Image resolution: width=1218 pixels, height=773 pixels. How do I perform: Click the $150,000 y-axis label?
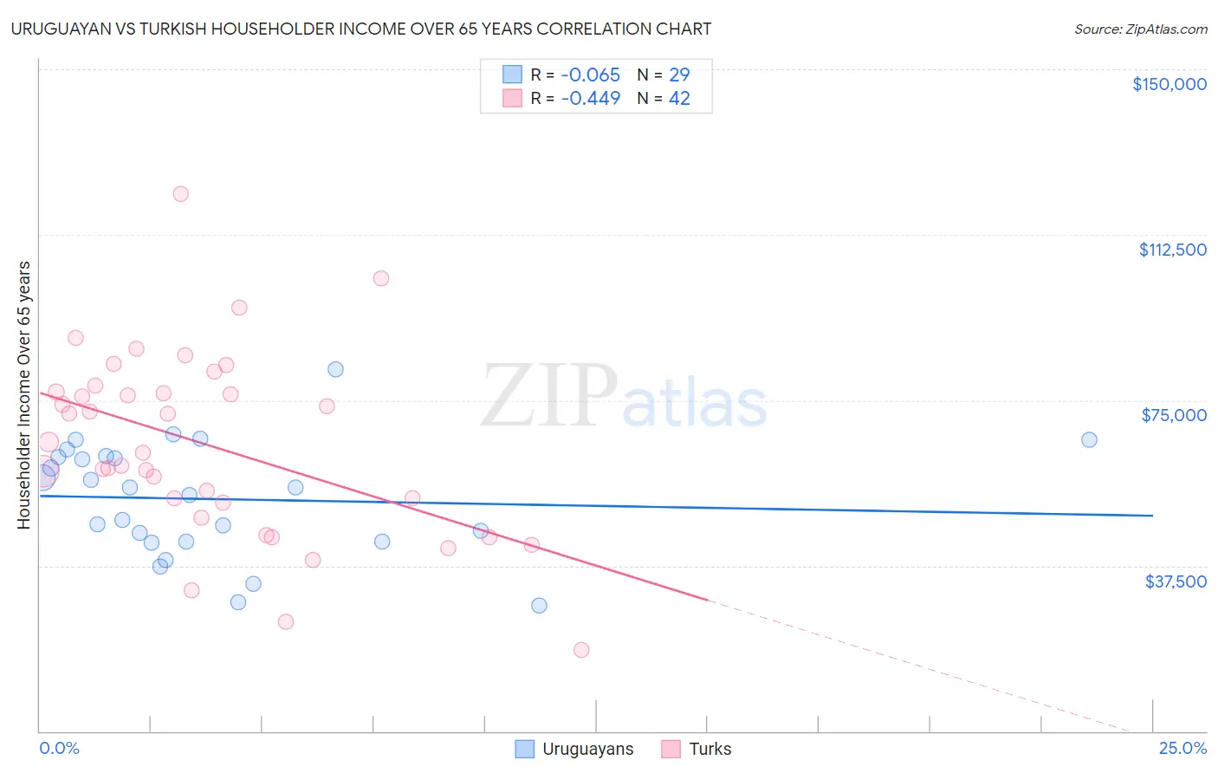(x=1169, y=84)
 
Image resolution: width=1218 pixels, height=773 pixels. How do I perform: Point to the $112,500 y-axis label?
(x=1172, y=250)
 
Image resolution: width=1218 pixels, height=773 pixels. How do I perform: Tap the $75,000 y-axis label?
(x=1174, y=415)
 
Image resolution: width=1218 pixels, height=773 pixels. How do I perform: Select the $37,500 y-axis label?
(x=1176, y=581)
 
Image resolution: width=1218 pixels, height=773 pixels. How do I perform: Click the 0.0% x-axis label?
(x=59, y=749)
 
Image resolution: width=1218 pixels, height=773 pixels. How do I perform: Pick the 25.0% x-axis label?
(x=1182, y=749)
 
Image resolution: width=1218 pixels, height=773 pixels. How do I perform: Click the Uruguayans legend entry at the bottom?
(x=587, y=750)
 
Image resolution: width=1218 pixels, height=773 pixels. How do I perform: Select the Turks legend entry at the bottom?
(x=709, y=750)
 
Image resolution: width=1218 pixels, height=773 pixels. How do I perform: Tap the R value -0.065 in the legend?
(x=591, y=75)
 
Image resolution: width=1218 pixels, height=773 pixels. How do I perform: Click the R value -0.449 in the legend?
(x=591, y=99)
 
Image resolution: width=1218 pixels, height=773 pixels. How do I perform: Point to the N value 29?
(x=679, y=75)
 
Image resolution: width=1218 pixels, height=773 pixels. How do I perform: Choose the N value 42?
(x=679, y=99)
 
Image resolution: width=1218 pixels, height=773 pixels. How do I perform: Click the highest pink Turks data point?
(x=180, y=194)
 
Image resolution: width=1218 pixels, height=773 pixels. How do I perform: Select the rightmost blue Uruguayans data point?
(x=1089, y=439)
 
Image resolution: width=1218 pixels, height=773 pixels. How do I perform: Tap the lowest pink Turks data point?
(x=581, y=650)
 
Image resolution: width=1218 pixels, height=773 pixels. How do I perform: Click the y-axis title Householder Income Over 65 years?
(x=24, y=395)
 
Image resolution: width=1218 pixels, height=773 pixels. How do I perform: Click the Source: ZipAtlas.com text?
(x=1140, y=29)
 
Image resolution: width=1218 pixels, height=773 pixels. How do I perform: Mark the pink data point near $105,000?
(x=381, y=278)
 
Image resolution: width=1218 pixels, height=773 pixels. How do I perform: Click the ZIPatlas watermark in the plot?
(x=624, y=397)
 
